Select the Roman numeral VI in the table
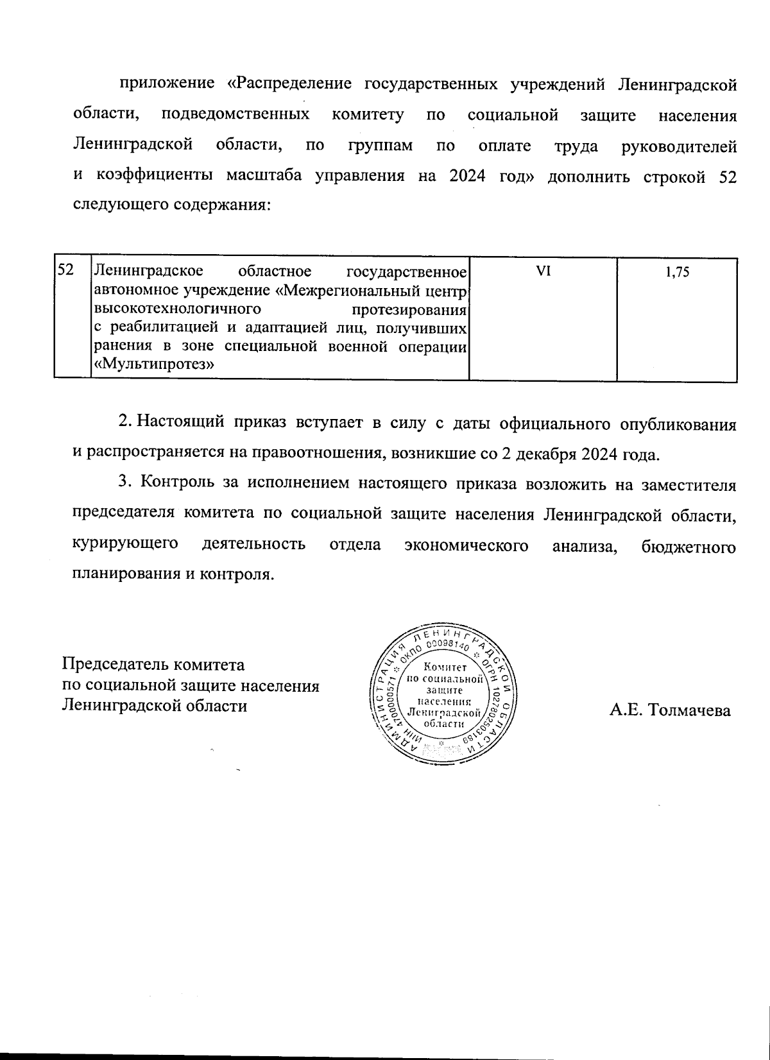coord(543,271)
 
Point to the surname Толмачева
coord(690,710)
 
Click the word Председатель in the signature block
coord(109,664)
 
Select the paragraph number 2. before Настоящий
coord(125,423)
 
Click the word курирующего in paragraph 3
coord(125,545)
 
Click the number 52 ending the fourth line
coord(725,177)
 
